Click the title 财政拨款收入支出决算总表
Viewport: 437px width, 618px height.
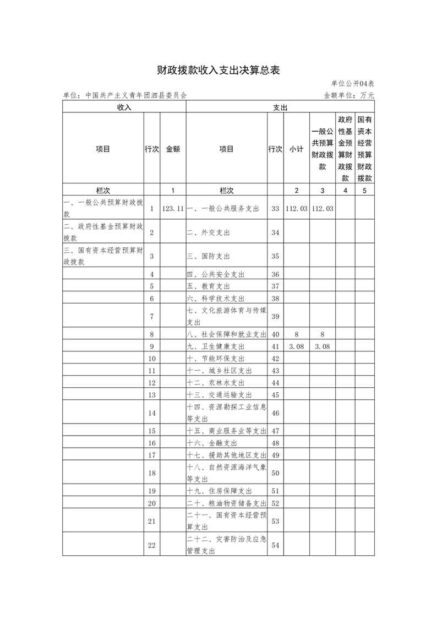pyautogui.click(x=218, y=71)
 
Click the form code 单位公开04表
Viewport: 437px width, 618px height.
pyautogui.click(x=352, y=84)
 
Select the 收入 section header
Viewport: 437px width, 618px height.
pyautogui.click(x=124, y=107)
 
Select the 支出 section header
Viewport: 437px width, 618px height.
pyautogui.click(x=280, y=107)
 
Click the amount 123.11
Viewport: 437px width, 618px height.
pyautogui.click(x=173, y=209)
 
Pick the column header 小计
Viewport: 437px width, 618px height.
pyautogui.click(x=296, y=149)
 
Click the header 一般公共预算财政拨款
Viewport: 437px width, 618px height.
pyautogui.click(x=322, y=149)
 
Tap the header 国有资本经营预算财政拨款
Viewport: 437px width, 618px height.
pyautogui.click(x=364, y=149)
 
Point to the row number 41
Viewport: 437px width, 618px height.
pyautogui.click(x=276, y=346)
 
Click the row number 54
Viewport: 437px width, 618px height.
pyautogui.click(x=276, y=545)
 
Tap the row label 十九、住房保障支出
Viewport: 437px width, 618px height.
pyautogui.click(x=219, y=491)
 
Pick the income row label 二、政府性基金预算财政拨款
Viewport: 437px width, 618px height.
pyautogui.click(x=103, y=232)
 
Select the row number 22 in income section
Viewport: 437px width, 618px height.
pyautogui.click(x=152, y=545)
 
